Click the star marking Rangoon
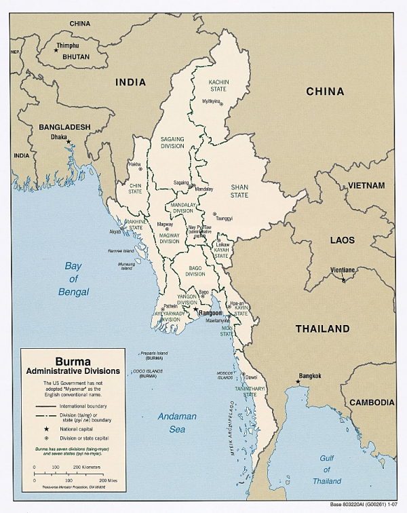(x=195, y=309)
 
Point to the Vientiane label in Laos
(x=342, y=270)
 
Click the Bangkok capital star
(x=298, y=382)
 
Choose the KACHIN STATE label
(x=218, y=85)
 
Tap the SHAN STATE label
(x=239, y=191)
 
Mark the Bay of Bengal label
(x=73, y=279)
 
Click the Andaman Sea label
(x=177, y=422)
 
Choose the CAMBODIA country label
(x=372, y=402)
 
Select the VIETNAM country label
(x=367, y=185)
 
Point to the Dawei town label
(x=251, y=377)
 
